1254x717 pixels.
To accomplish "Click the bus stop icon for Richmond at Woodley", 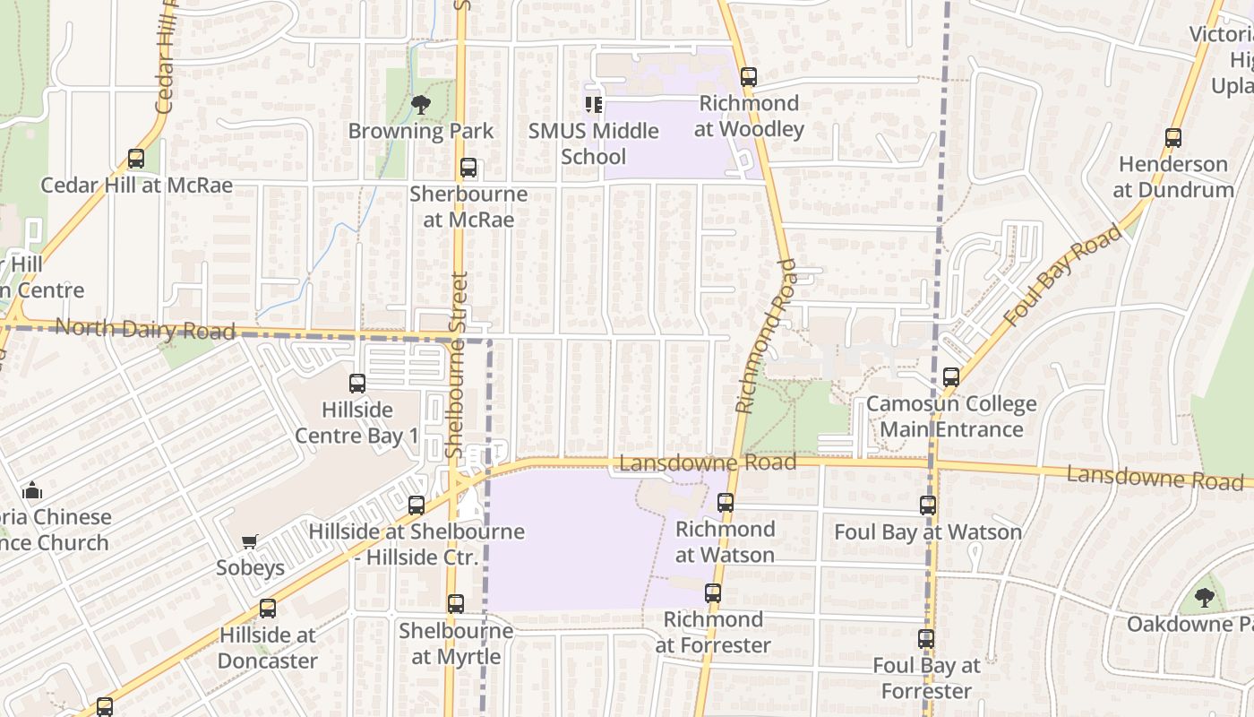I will [748, 77].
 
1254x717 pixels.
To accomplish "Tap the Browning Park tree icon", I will [420, 105].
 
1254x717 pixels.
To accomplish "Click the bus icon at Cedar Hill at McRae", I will [135, 159].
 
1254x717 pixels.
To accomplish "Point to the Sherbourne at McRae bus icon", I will [468, 168].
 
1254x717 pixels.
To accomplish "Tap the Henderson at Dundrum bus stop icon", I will [1173, 138].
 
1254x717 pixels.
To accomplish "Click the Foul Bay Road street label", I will [1063, 274].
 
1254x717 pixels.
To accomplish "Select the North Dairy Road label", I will [145, 330].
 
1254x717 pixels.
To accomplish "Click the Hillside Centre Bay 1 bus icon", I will [357, 384].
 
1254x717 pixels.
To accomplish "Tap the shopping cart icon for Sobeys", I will [250, 541].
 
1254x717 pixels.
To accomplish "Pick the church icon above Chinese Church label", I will [33, 490].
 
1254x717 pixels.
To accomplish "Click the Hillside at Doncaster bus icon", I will [268, 609].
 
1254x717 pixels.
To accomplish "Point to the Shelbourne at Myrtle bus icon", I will [456, 604].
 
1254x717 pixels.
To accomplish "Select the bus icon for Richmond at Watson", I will [726, 503].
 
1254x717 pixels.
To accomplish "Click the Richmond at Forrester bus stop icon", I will [713, 593].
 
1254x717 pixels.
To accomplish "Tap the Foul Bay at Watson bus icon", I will [928, 505].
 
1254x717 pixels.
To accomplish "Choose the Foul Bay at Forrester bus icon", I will [926, 639].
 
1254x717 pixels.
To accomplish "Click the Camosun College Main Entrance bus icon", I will [951, 377].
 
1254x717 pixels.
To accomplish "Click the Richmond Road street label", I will [764, 336].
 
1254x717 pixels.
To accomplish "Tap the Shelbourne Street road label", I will [457, 365].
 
